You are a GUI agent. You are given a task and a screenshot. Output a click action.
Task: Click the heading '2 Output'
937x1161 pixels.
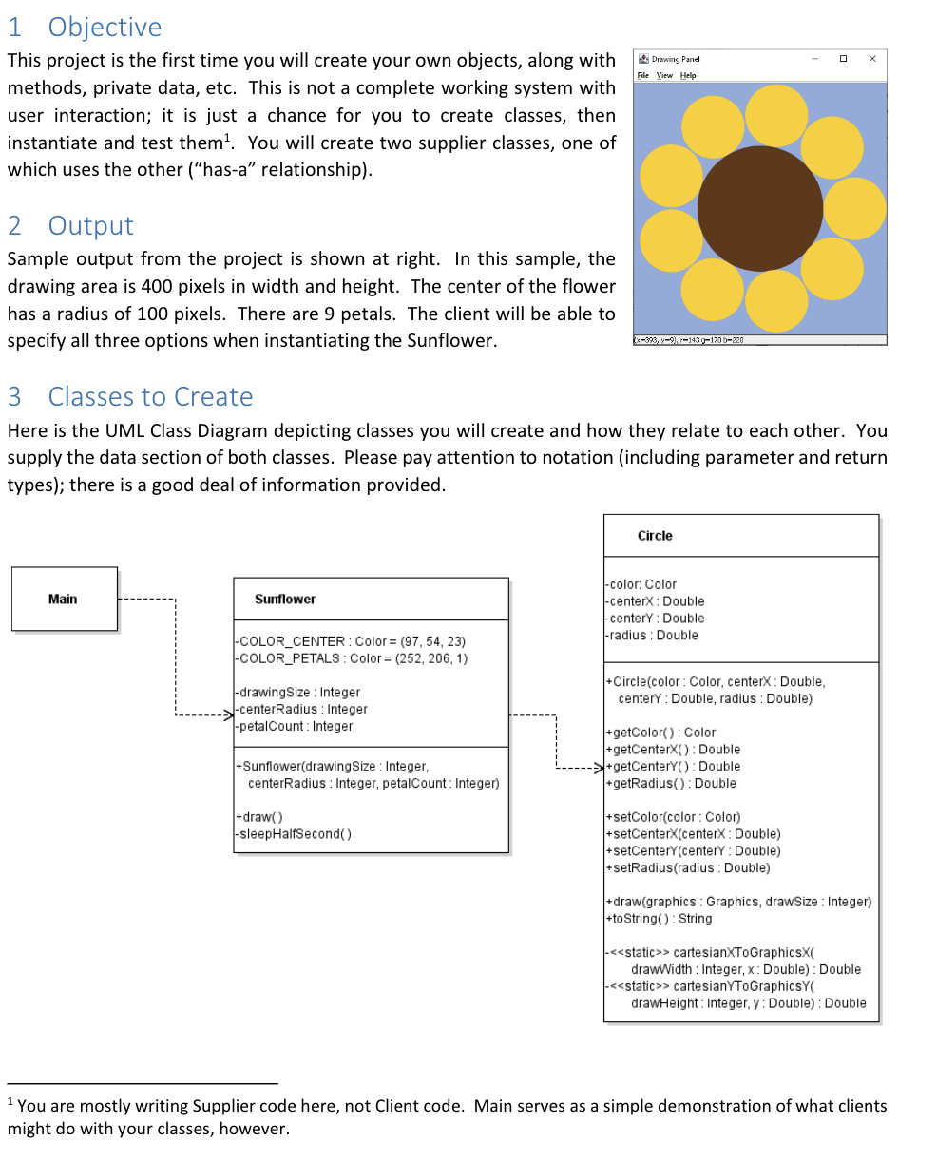coord(71,225)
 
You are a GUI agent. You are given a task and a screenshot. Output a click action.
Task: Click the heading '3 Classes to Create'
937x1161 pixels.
coord(130,396)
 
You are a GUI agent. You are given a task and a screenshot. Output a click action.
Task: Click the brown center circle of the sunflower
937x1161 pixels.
coord(759,208)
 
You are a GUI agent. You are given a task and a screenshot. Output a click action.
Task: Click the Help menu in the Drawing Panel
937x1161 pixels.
coord(688,75)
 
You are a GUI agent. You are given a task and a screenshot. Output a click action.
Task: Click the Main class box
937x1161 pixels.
coord(64,599)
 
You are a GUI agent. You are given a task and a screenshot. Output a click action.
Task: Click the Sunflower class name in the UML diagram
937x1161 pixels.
coord(285,599)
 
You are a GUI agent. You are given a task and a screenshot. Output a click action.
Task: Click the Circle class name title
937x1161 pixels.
coord(655,536)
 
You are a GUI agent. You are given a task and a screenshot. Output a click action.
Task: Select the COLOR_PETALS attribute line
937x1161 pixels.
coord(351,658)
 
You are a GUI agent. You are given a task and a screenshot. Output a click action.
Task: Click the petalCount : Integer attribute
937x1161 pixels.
coord(294,726)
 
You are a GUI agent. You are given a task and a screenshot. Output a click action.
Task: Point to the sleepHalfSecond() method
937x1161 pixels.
coord(294,834)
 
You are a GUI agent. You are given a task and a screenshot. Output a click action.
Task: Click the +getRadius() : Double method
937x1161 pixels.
coord(670,783)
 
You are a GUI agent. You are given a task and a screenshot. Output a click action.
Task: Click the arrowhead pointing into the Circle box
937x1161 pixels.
coord(598,766)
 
